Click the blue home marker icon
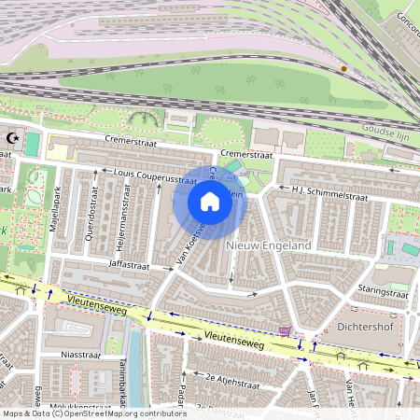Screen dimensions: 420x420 coord(210,202)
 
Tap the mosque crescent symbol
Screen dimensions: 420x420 coord(12,138)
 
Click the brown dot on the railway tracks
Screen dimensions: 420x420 coord(343,68)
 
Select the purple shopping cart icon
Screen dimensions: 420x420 coord(284,330)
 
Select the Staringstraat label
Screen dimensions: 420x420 coord(379,291)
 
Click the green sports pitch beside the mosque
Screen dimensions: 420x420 coord(33,144)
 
